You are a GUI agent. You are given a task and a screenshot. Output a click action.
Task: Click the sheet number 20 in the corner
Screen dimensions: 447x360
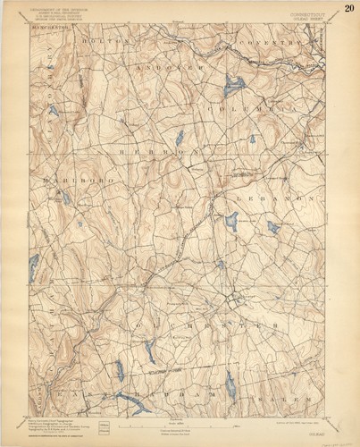[x=348, y=9]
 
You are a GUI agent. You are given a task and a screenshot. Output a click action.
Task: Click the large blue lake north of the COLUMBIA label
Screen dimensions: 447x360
[x=234, y=87]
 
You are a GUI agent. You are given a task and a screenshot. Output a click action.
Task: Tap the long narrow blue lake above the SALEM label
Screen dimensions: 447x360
[x=230, y=384]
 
